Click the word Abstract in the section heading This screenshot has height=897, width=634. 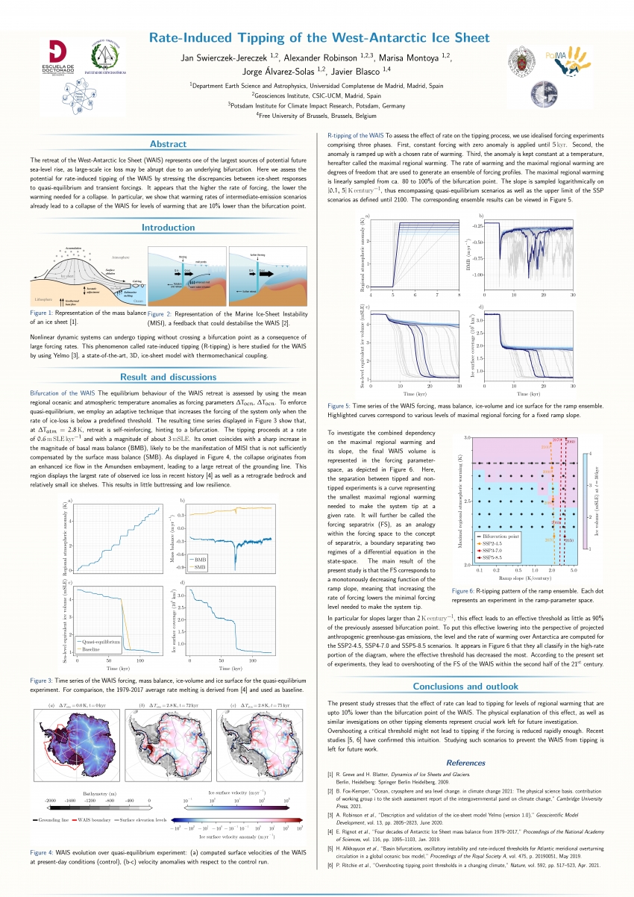[169, 144]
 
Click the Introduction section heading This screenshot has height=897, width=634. [169, 228]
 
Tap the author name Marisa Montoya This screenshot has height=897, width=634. [418, 57]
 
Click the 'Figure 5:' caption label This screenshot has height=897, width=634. [342, 405]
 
